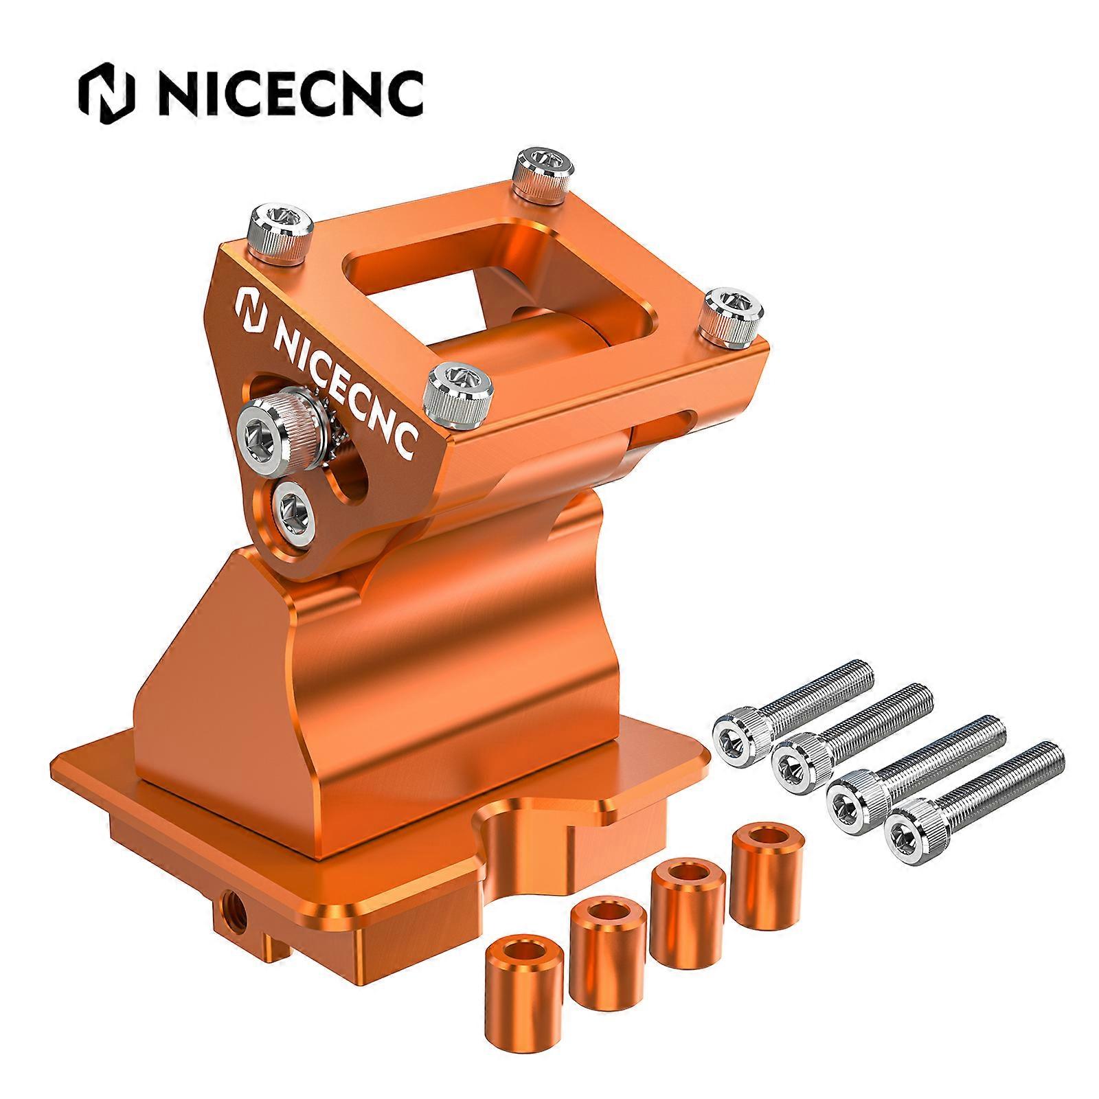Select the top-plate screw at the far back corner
(x=545, y=170)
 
